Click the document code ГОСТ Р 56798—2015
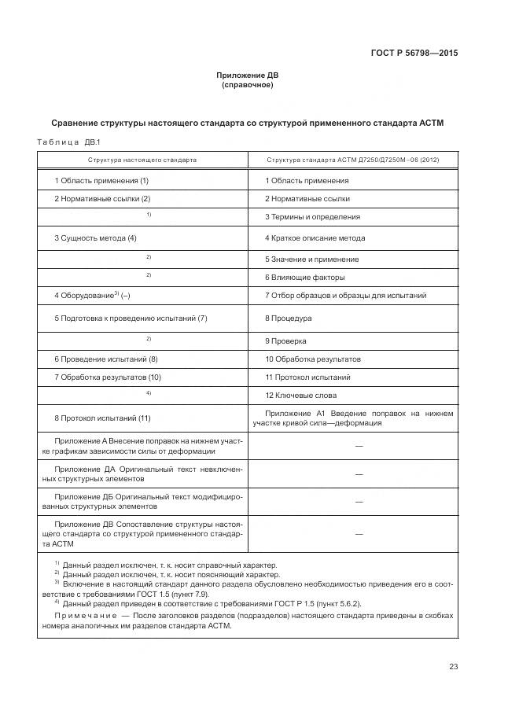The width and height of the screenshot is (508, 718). pyautogui.click(x=414, y=53)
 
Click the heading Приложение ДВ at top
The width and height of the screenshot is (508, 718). pyautogui.click(x=247, y=75)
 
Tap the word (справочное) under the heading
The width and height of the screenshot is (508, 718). pyautogui.click(x=247, y=85)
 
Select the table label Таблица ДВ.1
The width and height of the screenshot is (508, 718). pyautogui.click(x=64, y=142)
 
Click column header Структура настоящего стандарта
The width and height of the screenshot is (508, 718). pyautogui.click(x=142, y=160)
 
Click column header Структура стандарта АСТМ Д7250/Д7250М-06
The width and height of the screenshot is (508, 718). pyautogui.click(x=352, y=160)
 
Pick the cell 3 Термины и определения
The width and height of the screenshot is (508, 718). pyautogui.click(x=312, y=216)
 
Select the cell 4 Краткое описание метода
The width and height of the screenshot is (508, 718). pyautogui.click(x=315, y=237)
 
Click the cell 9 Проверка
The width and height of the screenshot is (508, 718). pyautogui.click(x=285, y=341)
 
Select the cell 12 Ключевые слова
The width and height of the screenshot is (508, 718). pyautogui.click(x=300, y=395)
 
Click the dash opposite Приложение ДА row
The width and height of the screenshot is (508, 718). pyautogui.click(x=359, y=474)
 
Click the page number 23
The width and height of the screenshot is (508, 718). pyautogui.click(x=453, y=667)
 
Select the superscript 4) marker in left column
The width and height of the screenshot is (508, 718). pyautogui.click(x=148, y=392)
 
